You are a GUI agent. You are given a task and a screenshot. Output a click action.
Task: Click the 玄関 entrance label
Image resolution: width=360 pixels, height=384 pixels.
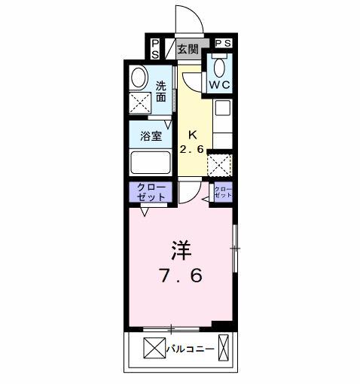point(188,50)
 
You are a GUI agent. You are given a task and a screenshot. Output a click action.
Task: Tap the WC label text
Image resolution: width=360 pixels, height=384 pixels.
point(220,84)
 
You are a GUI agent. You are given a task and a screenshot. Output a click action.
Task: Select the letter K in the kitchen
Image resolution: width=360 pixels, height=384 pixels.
point(192,135)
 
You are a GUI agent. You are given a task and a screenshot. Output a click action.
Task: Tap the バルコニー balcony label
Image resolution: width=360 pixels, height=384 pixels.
point(190,349)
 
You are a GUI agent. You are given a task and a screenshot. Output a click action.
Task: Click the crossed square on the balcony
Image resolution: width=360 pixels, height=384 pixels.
point(153,349)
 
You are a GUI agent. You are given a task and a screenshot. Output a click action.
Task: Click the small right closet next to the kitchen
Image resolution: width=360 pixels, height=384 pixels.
point(223,191)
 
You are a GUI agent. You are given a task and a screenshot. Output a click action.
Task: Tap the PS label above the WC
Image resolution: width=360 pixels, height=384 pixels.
point(224,44)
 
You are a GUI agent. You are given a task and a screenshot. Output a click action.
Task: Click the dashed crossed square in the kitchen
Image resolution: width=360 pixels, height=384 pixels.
point(218,164)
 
